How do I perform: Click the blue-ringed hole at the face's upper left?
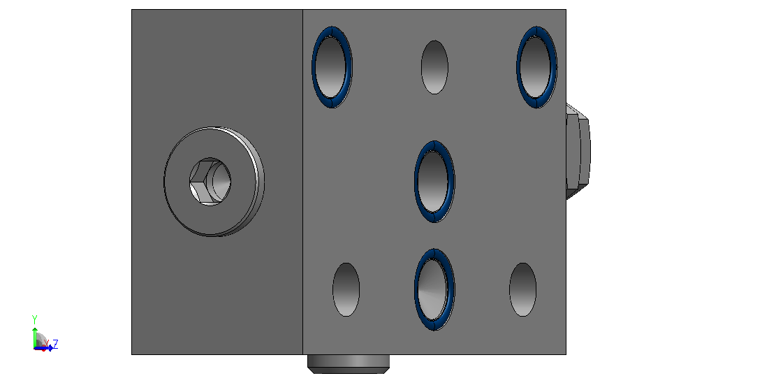[332, 67]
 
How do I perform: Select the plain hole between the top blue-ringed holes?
[434, 67]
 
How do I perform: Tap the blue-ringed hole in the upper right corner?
[536, 67]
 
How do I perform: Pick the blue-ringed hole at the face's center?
[434, 181]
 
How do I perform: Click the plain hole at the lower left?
[346, 289]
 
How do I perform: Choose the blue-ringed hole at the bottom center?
[434, 289]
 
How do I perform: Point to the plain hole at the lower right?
[522, 289]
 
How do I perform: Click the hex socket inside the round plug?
[210, 182]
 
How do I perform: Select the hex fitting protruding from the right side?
[578, 151]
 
